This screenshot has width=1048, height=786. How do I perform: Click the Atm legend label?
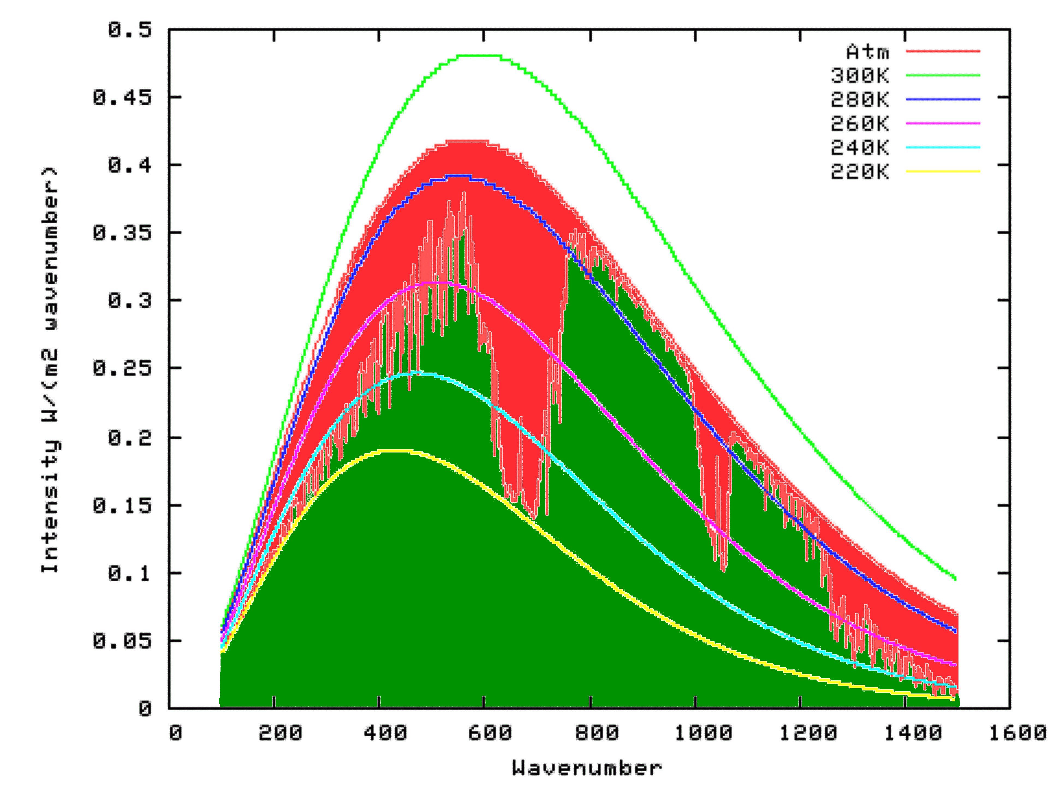coord(868,52)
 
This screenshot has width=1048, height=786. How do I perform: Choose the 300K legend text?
coord(860,75)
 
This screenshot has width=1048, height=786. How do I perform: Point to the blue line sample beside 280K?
coord(943,100)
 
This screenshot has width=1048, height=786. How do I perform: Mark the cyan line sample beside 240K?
coord(943,147)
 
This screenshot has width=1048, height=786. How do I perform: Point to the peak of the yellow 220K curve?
coord(393,451)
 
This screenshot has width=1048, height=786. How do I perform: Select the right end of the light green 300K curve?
coord(955,579)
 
